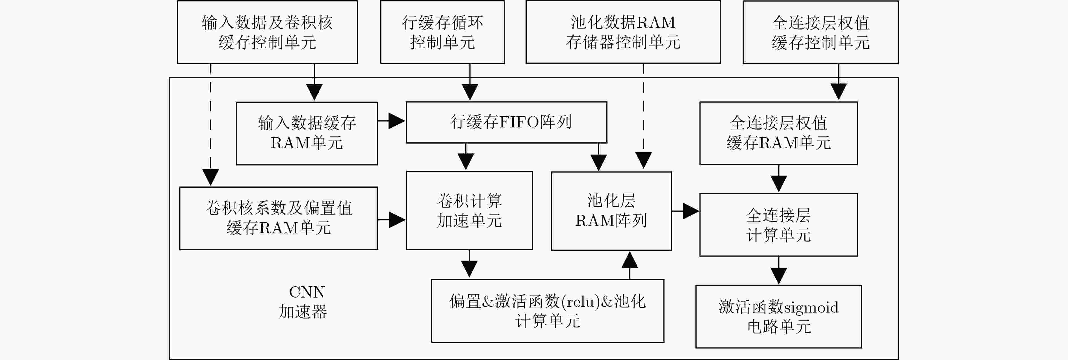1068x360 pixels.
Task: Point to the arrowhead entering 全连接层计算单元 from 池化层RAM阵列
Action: (691, 211)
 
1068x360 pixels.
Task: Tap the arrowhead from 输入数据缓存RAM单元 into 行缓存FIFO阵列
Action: (397, 121)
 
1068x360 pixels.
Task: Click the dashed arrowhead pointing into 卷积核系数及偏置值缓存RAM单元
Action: (210, 177)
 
